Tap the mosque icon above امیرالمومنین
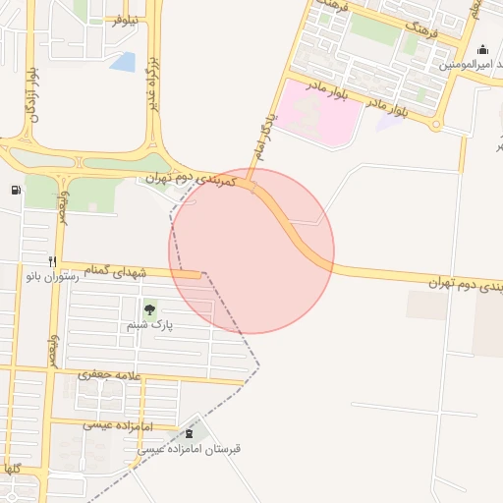pyautogui.click(x=482, y=49)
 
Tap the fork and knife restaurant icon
pyautogui.click(x=52, y=261)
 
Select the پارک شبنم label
pyautogui.click(x=149, y=324)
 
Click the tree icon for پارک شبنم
pyautogui.click(x=149, y=309)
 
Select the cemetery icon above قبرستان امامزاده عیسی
pyautogui.click(x=189, y=433)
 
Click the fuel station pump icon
pyautogui.click(x=15, y=190)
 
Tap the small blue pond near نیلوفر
pyautogui.click(x=124, y=62)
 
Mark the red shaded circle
pyautogui.click(x=251, y=251)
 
